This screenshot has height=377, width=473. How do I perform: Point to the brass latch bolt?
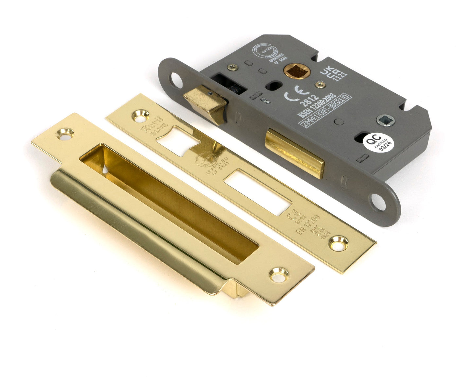(205, 103)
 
